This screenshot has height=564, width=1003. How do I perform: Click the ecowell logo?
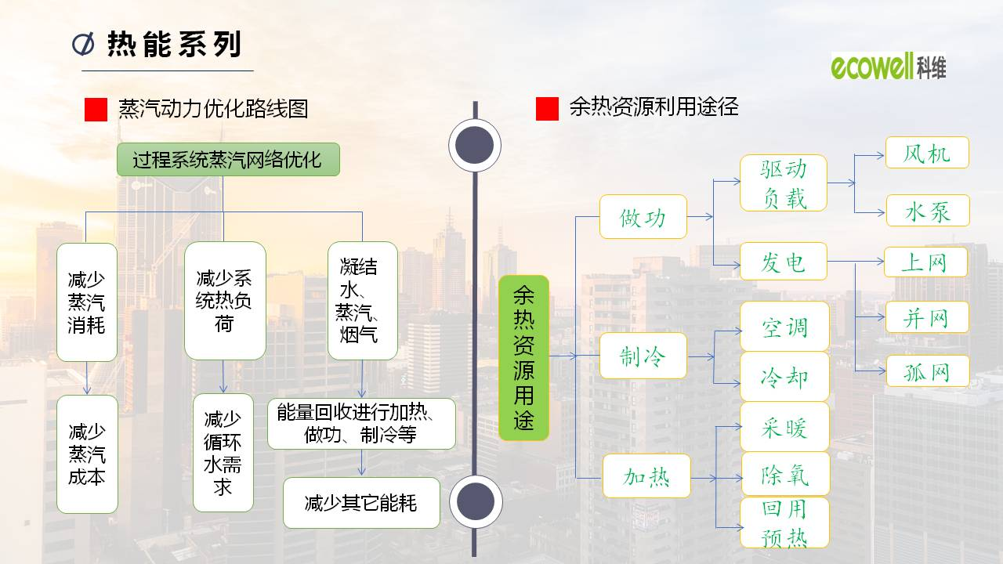coord(888,67)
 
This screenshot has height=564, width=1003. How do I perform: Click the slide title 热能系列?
coord(173,45)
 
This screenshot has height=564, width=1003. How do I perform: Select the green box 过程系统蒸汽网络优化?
coord(228,160)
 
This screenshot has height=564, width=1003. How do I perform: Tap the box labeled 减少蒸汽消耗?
coord(87,302)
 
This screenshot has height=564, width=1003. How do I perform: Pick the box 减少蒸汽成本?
coord(87,454)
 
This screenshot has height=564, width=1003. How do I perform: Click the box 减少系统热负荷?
coord(225,301)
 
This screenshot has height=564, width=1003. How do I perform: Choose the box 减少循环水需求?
coord(223,453)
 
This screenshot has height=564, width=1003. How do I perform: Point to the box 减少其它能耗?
coord(361,503)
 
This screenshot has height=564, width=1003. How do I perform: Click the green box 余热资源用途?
coord(523,357)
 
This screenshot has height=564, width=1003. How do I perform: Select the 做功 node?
coord(643,217)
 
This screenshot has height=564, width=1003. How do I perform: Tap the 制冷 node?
coord(643,356)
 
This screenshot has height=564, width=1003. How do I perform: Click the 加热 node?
coord(646,475)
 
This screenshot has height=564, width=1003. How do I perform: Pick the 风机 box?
coord(927,153)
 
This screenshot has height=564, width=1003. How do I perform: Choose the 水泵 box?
coord(928,211)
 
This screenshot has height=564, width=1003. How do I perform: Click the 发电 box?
coord(784,262)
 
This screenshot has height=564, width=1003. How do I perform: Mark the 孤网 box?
coord(928,371)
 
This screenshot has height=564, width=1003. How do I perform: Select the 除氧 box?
coord(785,474)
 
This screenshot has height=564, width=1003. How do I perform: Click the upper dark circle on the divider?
coord(475,145)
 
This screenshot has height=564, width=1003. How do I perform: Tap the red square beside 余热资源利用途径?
coord(547,109)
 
